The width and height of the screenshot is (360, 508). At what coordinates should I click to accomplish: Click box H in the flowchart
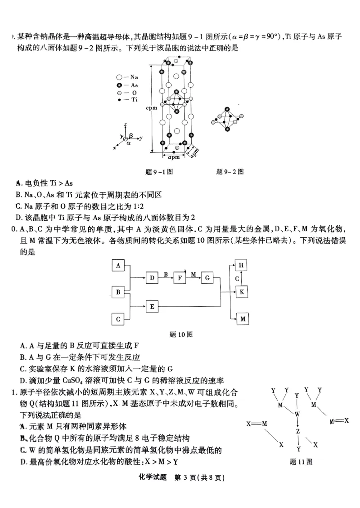coord(242,265)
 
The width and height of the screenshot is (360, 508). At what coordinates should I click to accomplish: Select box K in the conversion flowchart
coord(242,292)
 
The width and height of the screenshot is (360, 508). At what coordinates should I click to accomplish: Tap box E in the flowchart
coord(152,307)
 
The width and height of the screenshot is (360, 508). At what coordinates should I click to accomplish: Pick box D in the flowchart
coord(152,278)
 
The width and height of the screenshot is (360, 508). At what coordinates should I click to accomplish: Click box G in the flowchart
coord(207,278)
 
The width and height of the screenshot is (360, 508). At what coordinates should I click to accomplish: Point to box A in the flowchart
coord(118,265)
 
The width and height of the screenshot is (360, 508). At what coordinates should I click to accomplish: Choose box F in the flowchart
coord(180,278)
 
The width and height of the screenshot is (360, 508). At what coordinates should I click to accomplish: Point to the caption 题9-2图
coord(230,171)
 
